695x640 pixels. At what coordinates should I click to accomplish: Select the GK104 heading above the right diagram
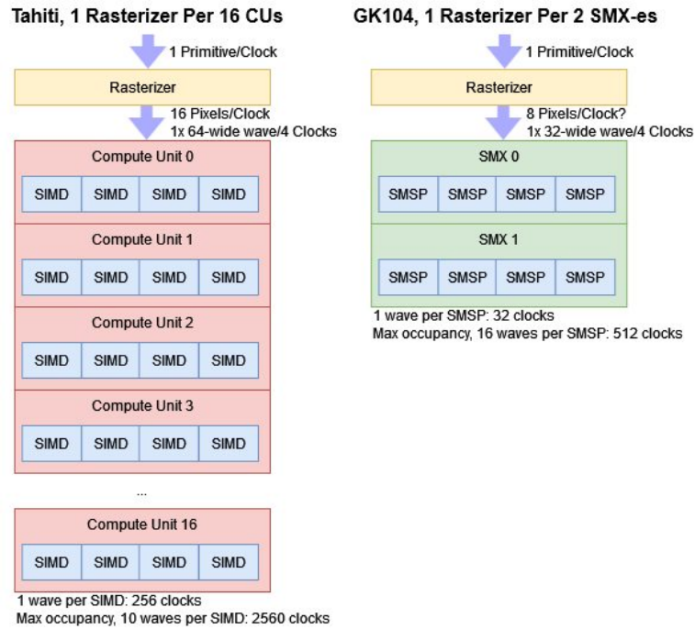pos(505,17)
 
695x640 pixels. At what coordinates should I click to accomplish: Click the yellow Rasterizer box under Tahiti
pos(142,88)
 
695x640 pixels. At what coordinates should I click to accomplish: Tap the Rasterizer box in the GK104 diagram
pos(499,88)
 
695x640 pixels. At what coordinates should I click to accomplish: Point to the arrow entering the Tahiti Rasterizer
pos(146,51)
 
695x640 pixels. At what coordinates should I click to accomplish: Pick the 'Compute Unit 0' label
pos(142,157)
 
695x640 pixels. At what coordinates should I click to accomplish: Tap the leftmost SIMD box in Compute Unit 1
pos(52,277)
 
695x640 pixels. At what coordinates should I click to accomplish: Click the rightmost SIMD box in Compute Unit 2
pos(229,360)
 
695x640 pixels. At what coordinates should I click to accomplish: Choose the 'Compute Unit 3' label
pos(142,406)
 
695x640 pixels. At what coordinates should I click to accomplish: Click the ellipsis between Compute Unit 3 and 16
pos(141,492)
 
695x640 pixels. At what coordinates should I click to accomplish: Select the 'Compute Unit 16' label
pos(142,524)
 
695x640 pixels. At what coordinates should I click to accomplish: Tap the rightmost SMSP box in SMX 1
pos(585,277)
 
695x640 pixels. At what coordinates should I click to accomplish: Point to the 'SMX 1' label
pos(499,239)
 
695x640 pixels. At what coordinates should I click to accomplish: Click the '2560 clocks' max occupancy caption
pos(173,618)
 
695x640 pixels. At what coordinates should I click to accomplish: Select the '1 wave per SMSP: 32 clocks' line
pos(463,315)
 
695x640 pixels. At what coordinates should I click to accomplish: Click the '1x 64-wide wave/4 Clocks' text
pos(253,131)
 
